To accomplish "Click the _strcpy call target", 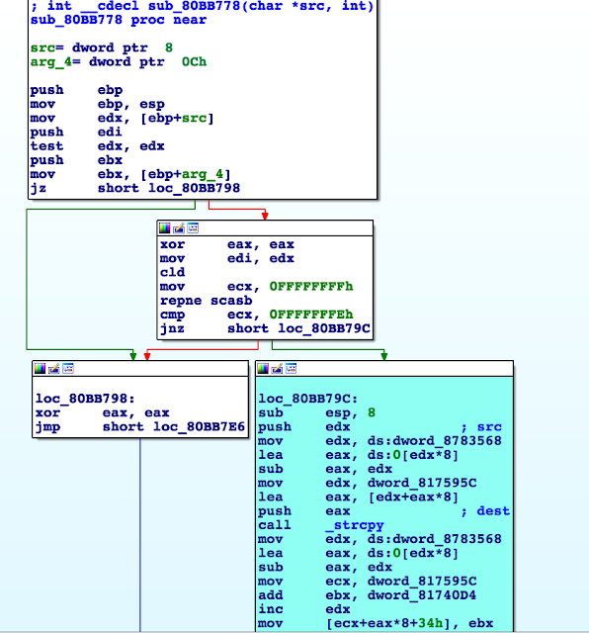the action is point(359,525).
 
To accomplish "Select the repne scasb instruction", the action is point(207,301).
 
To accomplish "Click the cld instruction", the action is point(172,273).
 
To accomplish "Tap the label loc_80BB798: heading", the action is point(85,399).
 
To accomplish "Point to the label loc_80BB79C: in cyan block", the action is point(308,399).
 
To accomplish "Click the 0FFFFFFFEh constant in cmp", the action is point(311,315).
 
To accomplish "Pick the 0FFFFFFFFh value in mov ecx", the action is point(311,287).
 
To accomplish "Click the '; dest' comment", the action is point(485,511).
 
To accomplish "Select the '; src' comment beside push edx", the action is point(481,427).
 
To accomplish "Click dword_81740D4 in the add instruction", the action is point(422,595).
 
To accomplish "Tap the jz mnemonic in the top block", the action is point(38,189).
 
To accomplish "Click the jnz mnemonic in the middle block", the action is point(172,329).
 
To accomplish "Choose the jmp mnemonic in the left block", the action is point(47,427).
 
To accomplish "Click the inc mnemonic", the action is point(271,609).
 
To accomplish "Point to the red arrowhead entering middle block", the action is point(265,216).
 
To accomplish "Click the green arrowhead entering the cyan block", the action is point(384,356).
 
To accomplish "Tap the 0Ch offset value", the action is point(194,61).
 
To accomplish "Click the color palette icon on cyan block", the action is point(263,369).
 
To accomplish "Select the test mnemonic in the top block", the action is point(46,146).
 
